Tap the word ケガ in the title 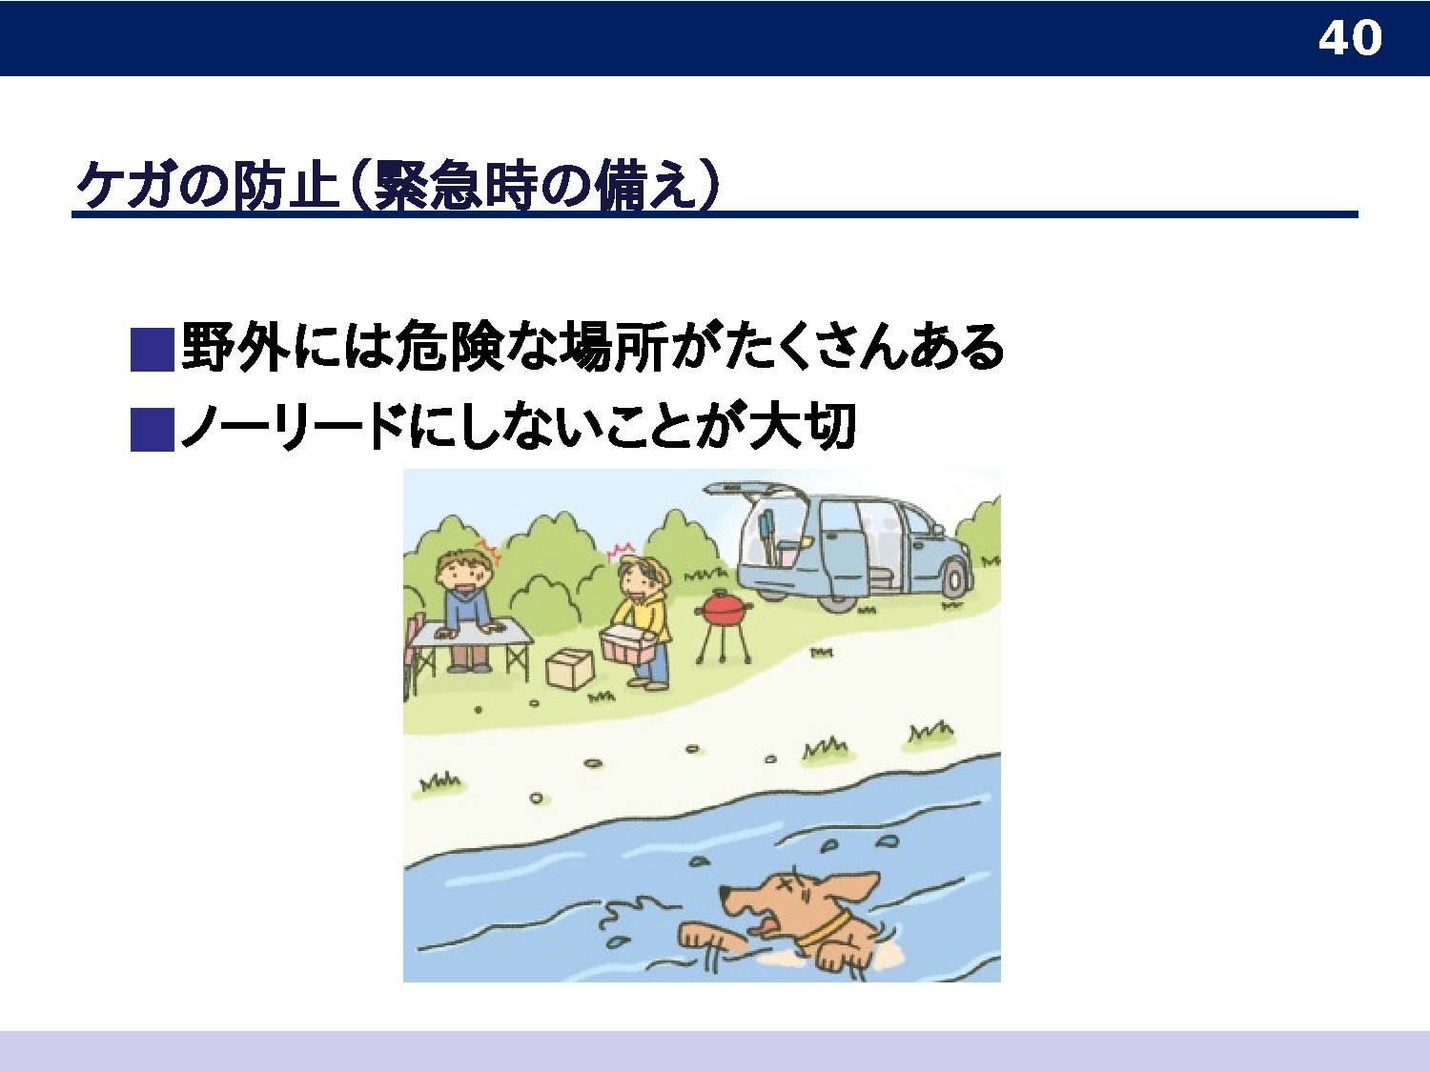127,186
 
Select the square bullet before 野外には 152,350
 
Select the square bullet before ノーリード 152,430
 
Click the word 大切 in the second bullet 803,426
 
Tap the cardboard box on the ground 569,668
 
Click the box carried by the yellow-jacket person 626,644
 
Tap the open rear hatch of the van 750,488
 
